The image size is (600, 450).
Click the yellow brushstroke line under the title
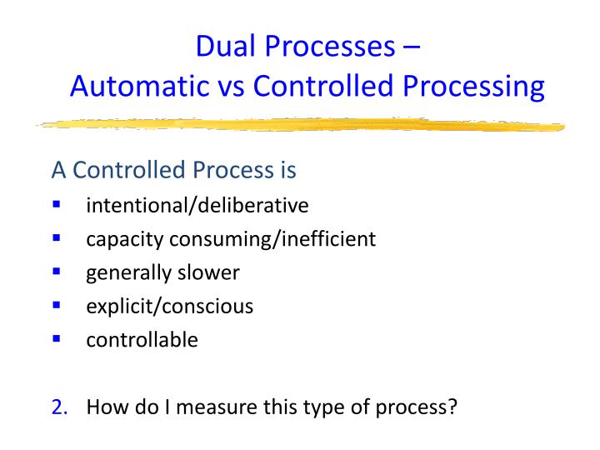tap(300, 124)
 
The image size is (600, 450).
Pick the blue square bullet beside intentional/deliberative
tap(57, 204)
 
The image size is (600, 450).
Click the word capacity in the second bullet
tap(125, 240)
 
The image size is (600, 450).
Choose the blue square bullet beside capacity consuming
tap(57, 238)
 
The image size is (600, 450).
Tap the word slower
tap(211, 272)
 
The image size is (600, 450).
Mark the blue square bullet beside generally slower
tap(57, 272)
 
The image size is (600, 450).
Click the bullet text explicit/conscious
tap(170, 306)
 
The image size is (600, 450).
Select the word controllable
tap(142, 340)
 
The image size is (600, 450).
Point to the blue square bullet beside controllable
tap(57, 338)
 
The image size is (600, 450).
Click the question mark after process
tap(453, 407)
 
